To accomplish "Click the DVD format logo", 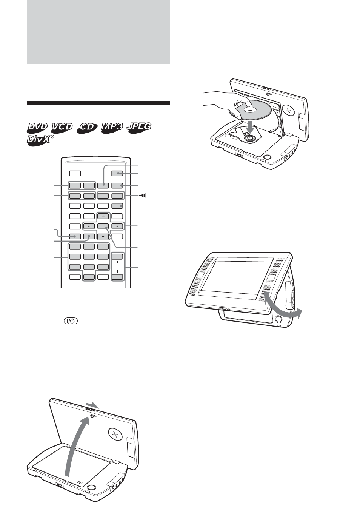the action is [x=38, y=128].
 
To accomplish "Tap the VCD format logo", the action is [x=62, y=128].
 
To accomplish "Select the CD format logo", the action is [x=88, y=128].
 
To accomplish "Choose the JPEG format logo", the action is [x=139, y=127].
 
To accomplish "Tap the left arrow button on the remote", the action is [x=89, y=226].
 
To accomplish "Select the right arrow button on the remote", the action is [x=117, y=226].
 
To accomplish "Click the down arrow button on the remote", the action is [x=103, y=236].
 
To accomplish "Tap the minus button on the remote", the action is [x=117, y=277].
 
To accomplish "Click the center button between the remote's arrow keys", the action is [x=103, y=226].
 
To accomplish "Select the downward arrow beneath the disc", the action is [x=251, y=127].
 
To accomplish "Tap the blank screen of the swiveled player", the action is [x=237, y=278].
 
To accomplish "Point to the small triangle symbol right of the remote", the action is [x=143, y=195].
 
